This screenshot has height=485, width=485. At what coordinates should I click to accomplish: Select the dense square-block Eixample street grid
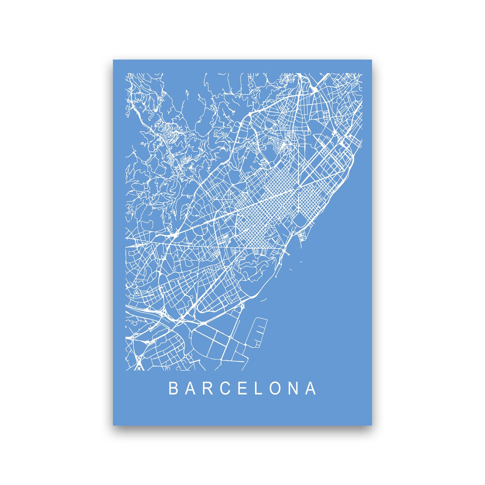click(x=265, y=215)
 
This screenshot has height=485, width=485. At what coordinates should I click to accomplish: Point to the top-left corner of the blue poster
click(x=113, y=60)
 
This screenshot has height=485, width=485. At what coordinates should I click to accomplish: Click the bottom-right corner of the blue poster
click(x=372, y=425)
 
